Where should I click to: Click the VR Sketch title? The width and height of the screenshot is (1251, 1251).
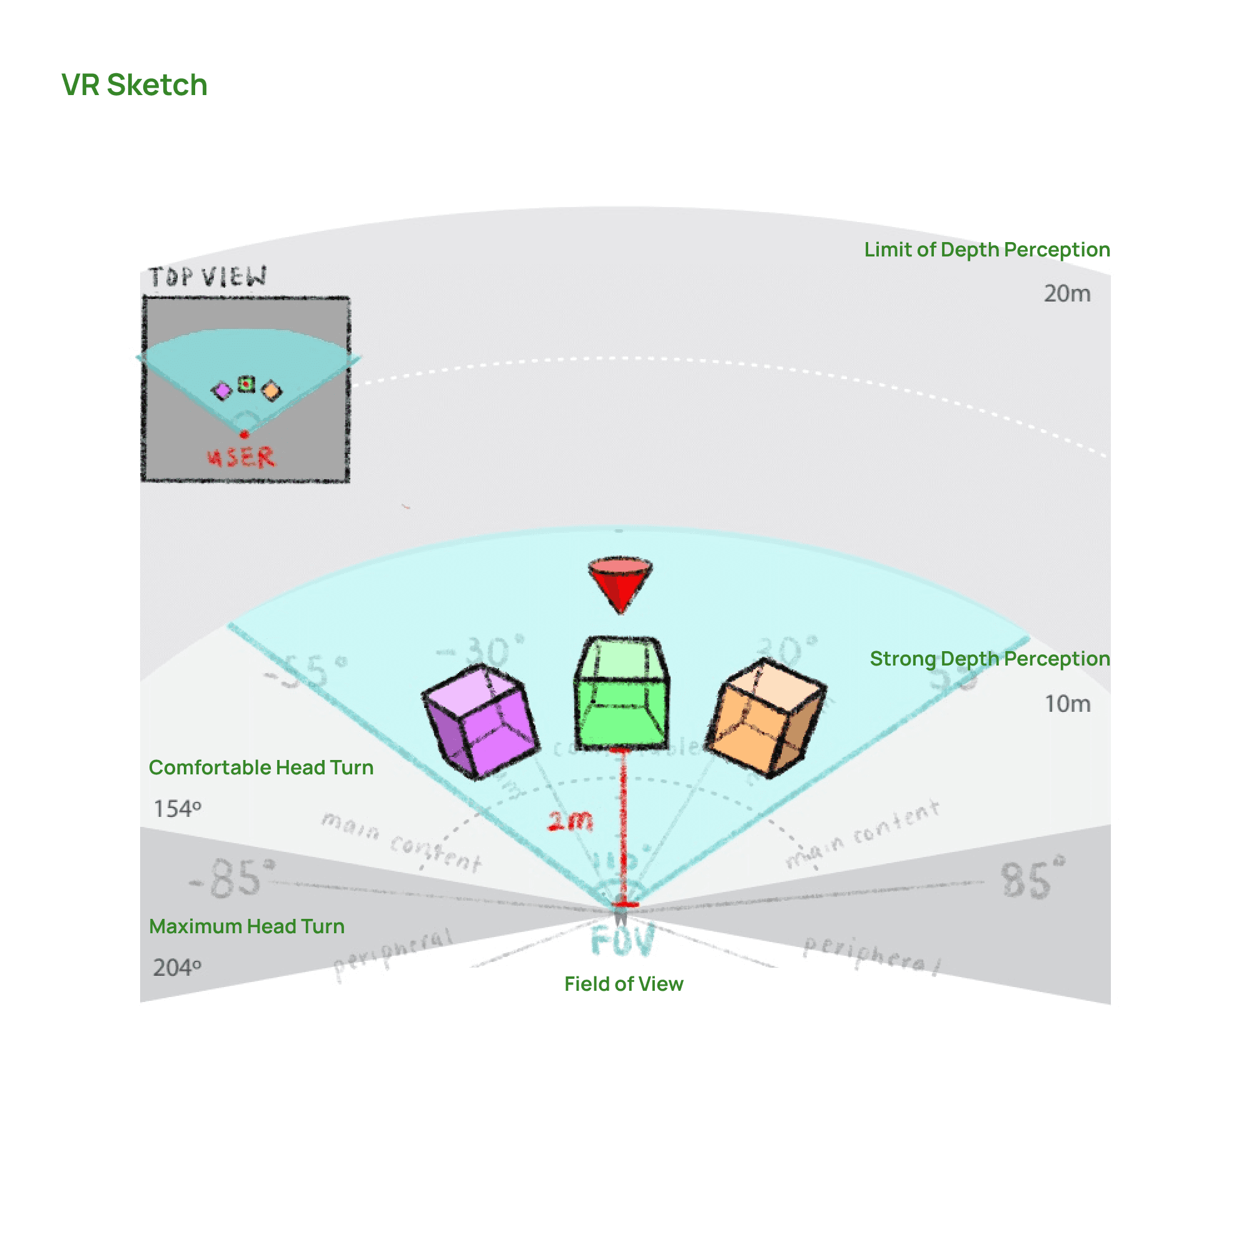coord(134,85)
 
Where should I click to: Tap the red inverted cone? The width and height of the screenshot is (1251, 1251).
coord(620,582)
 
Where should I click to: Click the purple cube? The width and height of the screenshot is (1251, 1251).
coord(481,721)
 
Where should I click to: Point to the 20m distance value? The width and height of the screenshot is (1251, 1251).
coord(1066,294)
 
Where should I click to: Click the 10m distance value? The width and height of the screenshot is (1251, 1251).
coord(1067,704)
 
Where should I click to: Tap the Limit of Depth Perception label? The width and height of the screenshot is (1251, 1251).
coord(987,250)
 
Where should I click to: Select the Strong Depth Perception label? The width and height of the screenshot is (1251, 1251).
coord(990,659)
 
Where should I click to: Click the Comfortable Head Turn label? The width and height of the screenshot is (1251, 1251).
coord(261,767)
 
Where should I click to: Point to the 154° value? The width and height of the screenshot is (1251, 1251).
coord(177,809)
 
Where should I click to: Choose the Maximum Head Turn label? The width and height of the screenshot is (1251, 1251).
coord(246,926)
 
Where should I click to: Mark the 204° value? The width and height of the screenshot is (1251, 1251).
coord(177,968)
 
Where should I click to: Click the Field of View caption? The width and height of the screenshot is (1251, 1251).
coord(624,983)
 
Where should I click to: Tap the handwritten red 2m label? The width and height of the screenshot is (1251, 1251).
coord(570,821)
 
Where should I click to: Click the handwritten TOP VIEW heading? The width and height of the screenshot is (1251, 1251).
coord(207,277)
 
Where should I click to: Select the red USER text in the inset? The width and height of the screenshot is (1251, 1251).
coord(241,457)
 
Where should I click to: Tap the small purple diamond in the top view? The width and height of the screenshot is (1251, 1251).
coord(222,390)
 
